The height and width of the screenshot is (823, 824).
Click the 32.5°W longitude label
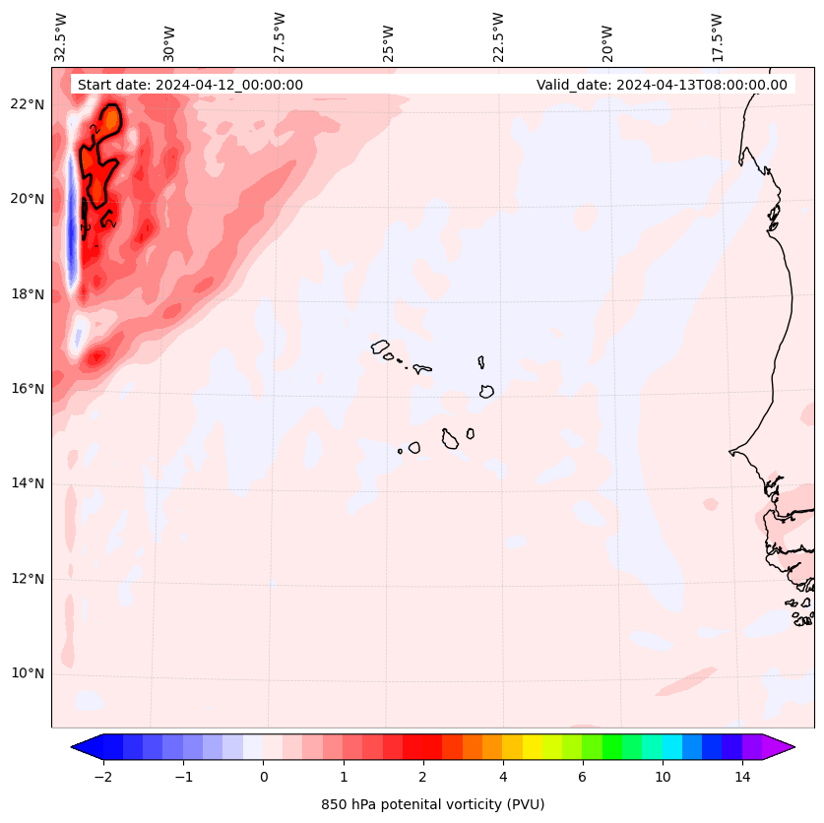click(x=61, y=37)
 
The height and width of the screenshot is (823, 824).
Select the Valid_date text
click(x=662, y=85)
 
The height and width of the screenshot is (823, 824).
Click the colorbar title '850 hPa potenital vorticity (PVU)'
click(x=432, y=804)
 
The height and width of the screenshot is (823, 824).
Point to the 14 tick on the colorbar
click(x=742, y=777)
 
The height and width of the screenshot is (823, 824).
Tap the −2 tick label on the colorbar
click(x=102, y=777)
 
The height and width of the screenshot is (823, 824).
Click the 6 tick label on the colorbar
click(x=582, y=777)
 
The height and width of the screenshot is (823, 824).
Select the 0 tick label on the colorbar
click(x=263, y=777)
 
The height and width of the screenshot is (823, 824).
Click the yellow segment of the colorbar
click(x=532, y=746)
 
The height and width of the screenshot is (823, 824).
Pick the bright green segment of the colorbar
click(x=611, y=746)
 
